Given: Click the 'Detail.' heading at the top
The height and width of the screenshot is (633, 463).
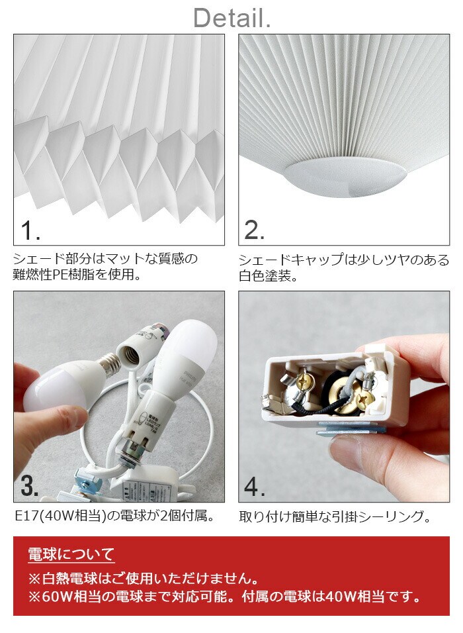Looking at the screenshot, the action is pos(232,18).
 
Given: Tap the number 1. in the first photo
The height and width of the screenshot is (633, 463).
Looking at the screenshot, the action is pos(30,230).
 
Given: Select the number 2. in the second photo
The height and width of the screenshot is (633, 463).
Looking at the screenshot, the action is pos(255,230).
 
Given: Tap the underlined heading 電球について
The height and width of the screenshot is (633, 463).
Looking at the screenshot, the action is pos(71,554).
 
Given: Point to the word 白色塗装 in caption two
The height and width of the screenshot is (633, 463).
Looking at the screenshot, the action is pos(264,276).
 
